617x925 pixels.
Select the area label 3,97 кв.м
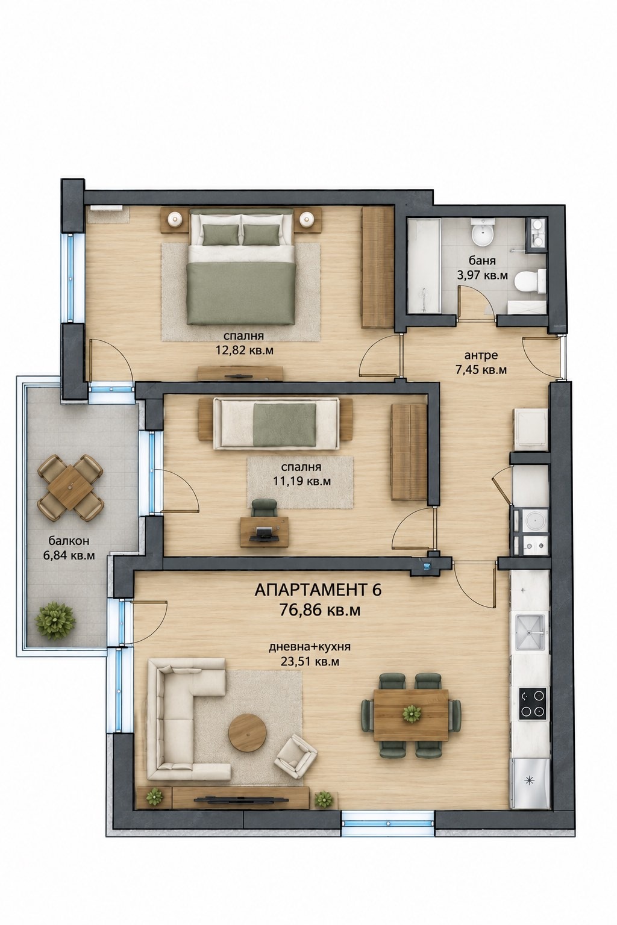pyautogui.click(x=482, y=275)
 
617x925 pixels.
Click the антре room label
pyautogui.click(x=481, y=355)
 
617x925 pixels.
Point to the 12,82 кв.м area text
pyautogui.click(x=245, y=350)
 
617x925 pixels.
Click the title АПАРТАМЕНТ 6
pyautogui.click(x=318, y=590)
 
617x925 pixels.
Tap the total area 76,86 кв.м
pyautogui.click(x=320, y=610)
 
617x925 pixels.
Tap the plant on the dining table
pyautogui.click(x=412, y=713)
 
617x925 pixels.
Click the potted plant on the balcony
pyautogui.click(x=55, y=621)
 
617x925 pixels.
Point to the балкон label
pyautogui.click(x=69, y=541)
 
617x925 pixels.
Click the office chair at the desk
pyautogui.click(x=264, y=508)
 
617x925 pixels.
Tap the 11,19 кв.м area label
pyautogui.click(x=302, y=480)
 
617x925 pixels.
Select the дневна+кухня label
pyautogui.click(x=310, y=647)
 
